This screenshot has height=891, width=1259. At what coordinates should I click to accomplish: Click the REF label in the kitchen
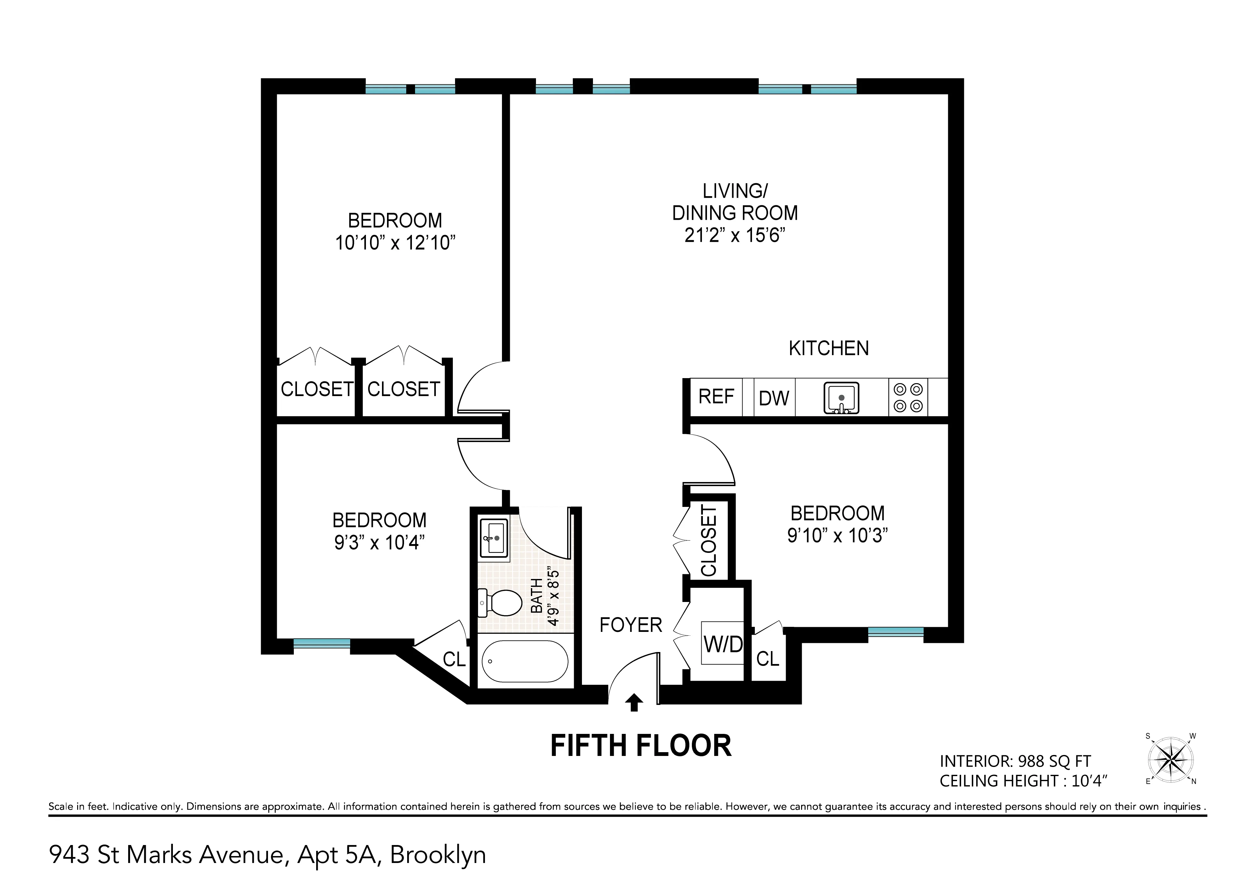tap(716, 396)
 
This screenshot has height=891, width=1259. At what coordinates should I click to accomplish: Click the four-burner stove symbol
tap(908, 398)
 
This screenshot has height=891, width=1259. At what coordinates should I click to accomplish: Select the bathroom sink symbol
tap(493, 538)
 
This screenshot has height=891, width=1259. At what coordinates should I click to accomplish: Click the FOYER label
tap(630, 625)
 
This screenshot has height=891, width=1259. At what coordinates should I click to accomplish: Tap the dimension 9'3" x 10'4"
tap(379, 542)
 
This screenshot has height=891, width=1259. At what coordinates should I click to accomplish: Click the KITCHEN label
tap(828, 349)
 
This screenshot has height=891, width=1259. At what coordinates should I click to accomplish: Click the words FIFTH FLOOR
tap(641, 746)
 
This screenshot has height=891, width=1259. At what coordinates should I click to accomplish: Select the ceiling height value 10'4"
tap(1089, 781)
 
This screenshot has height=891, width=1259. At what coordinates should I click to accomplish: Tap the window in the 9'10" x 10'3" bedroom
tap(895, 632)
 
